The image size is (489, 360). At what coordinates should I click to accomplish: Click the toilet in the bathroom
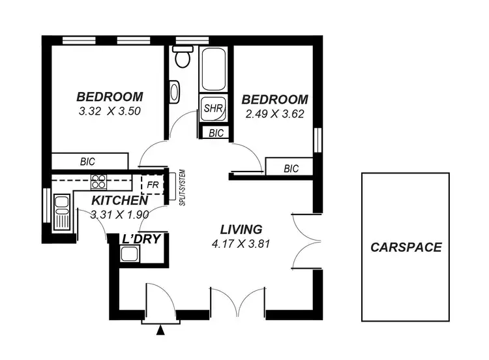182,58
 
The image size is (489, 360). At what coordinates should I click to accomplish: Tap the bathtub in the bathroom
213,69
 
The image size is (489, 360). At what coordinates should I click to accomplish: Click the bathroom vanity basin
175,91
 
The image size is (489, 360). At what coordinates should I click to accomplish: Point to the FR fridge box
153,185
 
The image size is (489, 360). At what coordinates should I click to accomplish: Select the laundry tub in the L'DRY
129,253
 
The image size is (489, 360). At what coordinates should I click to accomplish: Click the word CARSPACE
406,247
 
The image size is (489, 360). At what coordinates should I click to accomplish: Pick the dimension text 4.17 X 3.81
241,245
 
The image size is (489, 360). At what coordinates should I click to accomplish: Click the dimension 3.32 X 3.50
110,111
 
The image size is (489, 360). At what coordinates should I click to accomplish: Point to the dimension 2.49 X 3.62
274,113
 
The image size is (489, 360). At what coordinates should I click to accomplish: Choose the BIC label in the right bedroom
291,168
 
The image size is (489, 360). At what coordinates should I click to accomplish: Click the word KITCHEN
115,200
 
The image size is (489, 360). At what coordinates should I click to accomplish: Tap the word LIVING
241,230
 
